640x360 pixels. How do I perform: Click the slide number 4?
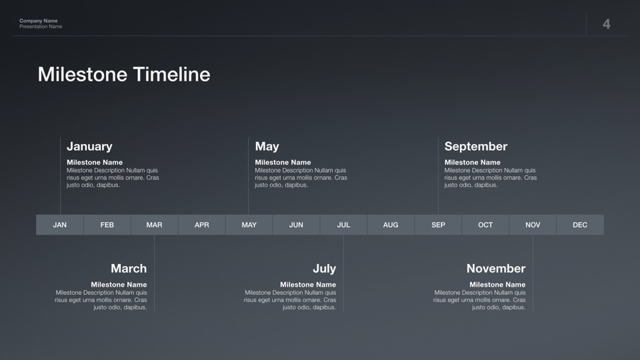coord(607,24)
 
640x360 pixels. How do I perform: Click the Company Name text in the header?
coord(39,21)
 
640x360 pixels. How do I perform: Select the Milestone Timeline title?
coord(124,74)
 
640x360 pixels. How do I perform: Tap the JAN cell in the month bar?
coord(59,225)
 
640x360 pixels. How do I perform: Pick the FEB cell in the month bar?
coord(107,225)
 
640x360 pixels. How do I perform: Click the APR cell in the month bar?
coord(201,225)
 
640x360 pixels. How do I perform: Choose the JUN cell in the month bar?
coord(296,225)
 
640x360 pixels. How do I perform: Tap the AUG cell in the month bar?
coord(391,225)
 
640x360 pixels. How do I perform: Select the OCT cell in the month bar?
coord(485,225)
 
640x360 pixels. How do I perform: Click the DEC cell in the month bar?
coord(580,225)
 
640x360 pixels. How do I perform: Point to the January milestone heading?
coord(89,147)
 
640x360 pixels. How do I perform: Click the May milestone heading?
coord(267,147)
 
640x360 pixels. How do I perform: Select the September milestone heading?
coord(476,147)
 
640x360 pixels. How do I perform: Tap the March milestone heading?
coord(129,269)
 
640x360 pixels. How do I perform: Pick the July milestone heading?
coord(325,269)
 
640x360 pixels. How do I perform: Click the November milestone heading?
coord(496,269)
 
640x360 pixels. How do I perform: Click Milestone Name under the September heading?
coord(472,163)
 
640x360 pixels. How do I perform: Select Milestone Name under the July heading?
coord(308,285)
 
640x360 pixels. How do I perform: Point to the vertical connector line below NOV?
coord(533,273)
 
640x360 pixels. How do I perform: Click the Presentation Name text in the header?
coord(41,27)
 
